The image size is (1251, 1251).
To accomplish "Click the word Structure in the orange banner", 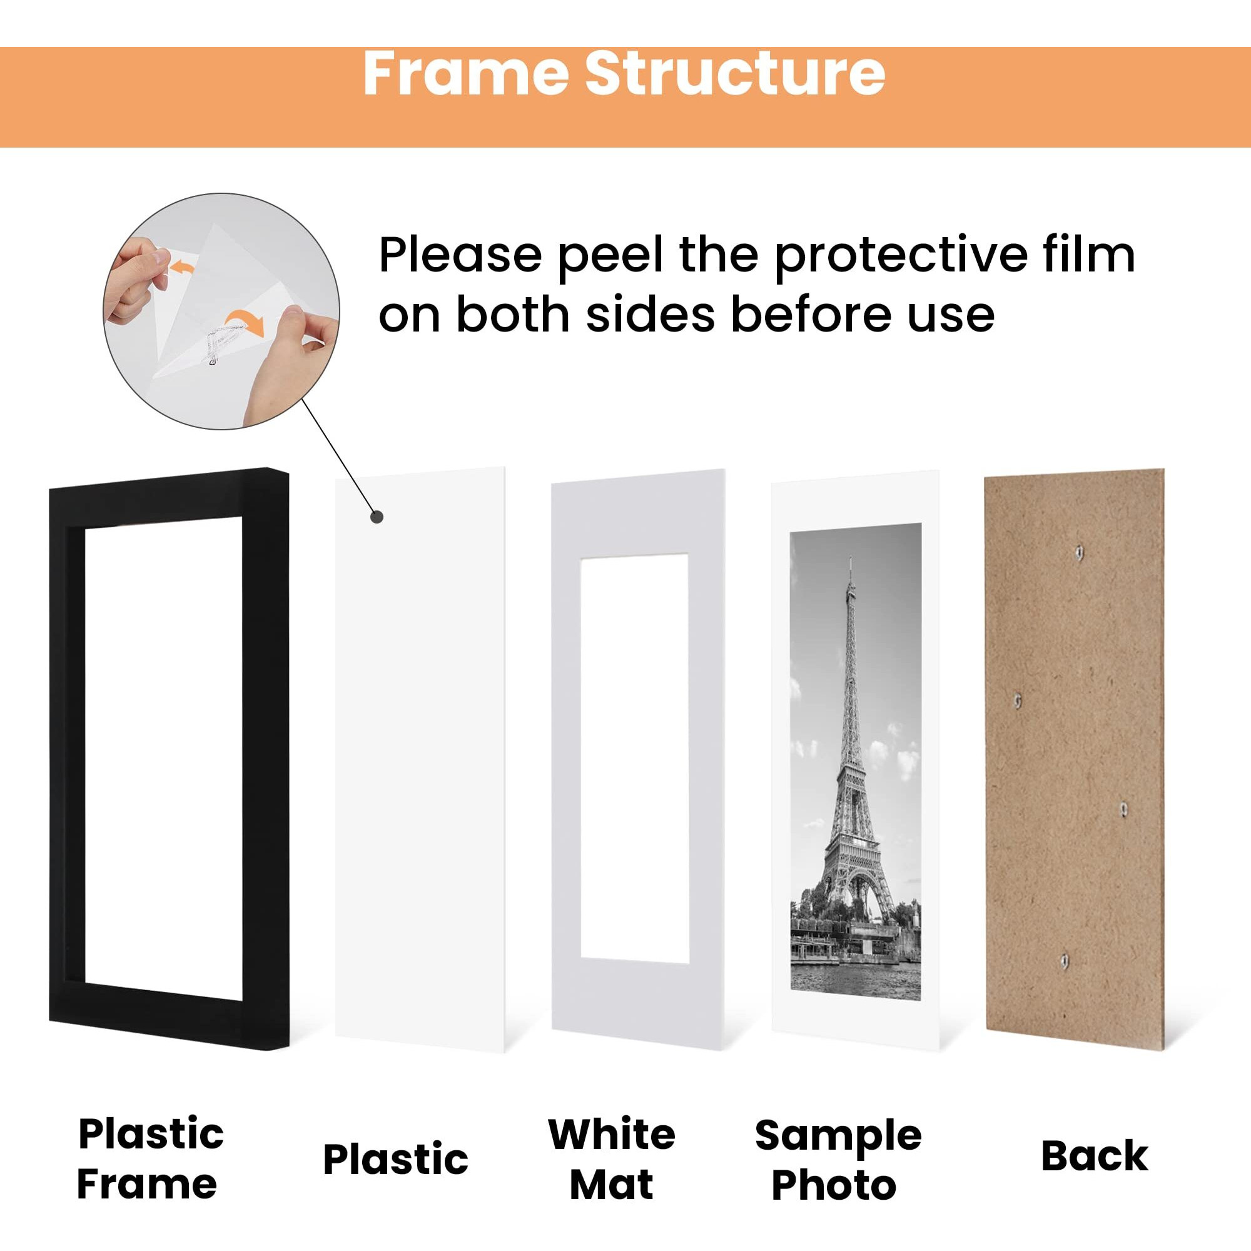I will point(735,74).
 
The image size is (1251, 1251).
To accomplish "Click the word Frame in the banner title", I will point(466,74).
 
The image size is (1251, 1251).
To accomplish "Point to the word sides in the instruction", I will point(650,314).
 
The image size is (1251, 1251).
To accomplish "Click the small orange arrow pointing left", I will point(184,266).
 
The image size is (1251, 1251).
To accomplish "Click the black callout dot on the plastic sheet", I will point(377,517).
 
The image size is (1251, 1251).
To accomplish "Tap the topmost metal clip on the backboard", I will point(1079,552).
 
